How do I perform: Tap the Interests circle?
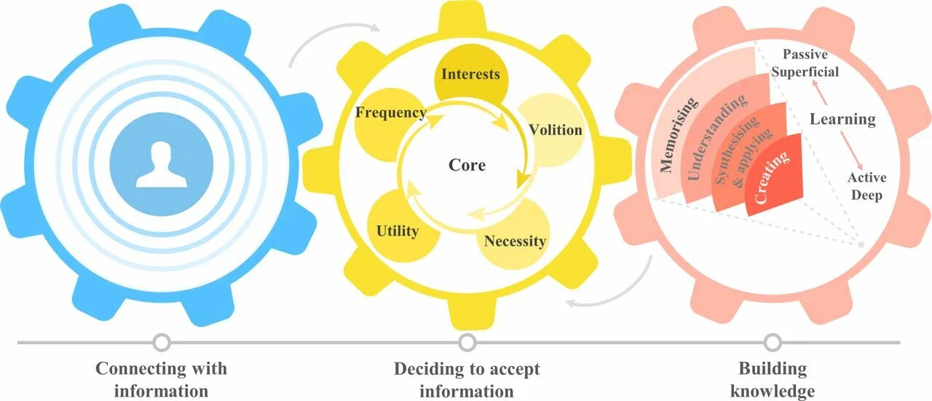pos(470,75)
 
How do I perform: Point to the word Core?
pos(467,165)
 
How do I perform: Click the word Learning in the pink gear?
pos(842,119)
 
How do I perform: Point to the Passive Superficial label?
pos(805,63)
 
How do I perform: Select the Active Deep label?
pos(866,187)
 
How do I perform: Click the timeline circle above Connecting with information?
pos(162,342)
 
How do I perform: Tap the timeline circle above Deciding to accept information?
pos(467,342)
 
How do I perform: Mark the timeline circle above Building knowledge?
pos(773,342)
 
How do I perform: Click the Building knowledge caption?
pos(772,380)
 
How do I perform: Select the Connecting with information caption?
pos(161,380)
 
